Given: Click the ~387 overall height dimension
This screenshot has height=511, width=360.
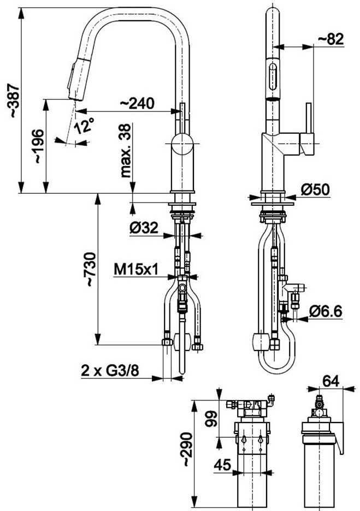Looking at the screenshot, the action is pyautogui.click(x=14, y=100).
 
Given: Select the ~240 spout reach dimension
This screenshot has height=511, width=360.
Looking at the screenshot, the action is pyautogui.click(x=137, y=103).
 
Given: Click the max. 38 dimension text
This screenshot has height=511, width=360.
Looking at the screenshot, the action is pyautogui.click(x=126, y=151).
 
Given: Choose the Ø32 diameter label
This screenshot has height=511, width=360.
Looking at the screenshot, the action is pyautogui.click(x=144, y=228).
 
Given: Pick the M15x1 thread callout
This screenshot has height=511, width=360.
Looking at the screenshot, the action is pyautogui.click(x=136, y=270).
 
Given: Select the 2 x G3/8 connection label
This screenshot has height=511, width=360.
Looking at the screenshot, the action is pyautogui.click(x=110, y=371).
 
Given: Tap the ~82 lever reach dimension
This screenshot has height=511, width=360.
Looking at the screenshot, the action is pyautogui.click(x=331, y=39).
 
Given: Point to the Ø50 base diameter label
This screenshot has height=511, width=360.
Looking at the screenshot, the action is pyautogui.click(x=315, y=189).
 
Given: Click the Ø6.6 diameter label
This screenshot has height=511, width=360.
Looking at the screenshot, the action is pyautogui.click(x=326, y=311).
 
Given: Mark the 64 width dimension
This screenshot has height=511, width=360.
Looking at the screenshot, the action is pyautogui.click(x=331, y=381).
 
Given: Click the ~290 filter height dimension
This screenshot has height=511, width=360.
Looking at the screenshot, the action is pyautogui.click(x=187, y=449).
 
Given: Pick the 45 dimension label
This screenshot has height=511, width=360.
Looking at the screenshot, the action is pyautogui.click(x=222, y=465).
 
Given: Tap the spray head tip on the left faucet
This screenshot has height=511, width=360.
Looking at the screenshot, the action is pyautogui.click(x=75, y=98).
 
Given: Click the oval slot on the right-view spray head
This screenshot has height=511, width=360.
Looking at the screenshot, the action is pyautogui.click(x=273, y=76).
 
